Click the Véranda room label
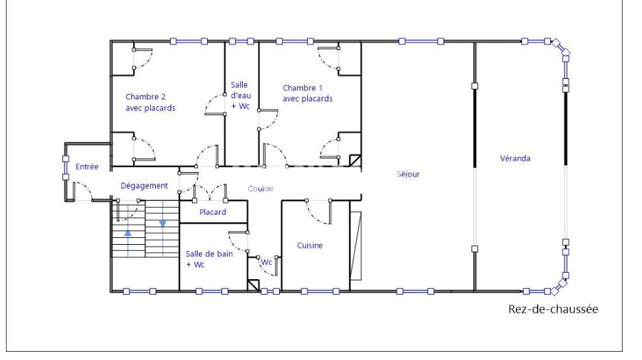click(515, 158)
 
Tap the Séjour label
click(408, 174)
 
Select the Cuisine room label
click(310, 245)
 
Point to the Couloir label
click(261, 189)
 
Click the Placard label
click(213, 212)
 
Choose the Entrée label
click(87, 167)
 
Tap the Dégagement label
click(144, 186)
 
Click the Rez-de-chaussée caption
click(553, 309)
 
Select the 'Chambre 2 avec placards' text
click(150, 102)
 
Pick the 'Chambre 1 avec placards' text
click(307, 93)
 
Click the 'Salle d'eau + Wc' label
click(241, 95)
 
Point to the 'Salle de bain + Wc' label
click(209, 259)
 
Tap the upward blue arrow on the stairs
click(128, 233)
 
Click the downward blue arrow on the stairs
click(163, 224)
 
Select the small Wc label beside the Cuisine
click(267, 262)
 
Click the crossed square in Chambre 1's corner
click(355, 160)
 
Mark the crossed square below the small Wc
click(254, 285)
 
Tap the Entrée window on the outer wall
click(66, 168)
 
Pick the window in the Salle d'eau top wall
click(241, 41)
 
